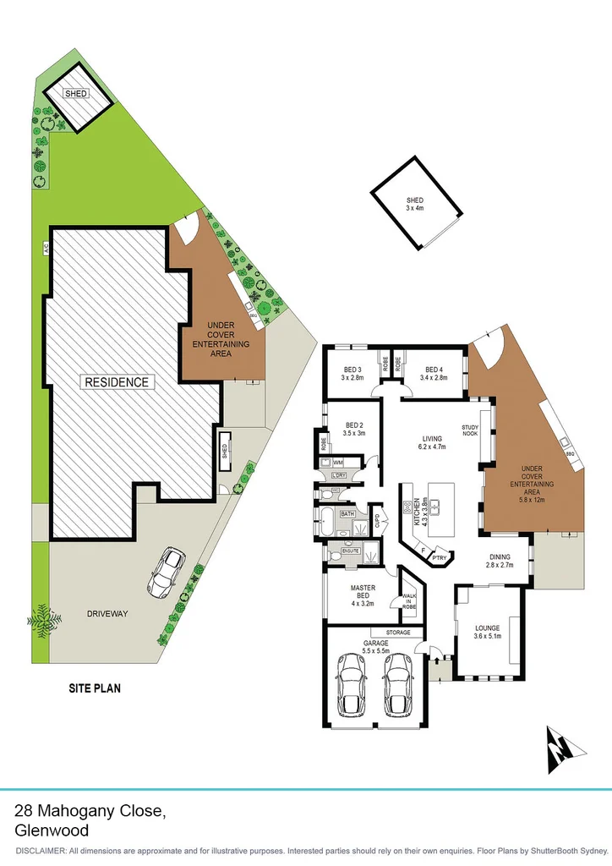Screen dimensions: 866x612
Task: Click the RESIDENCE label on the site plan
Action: click(x=117, y=382)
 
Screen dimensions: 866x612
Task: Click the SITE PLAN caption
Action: click(x=94, y=688)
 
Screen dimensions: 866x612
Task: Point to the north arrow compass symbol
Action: click(x=561, y=748)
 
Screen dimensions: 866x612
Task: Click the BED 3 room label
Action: click(x=352, y=374)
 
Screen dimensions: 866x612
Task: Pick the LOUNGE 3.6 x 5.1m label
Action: click(x=488, y=633)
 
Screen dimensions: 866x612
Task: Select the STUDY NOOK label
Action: click(x=470, y=430)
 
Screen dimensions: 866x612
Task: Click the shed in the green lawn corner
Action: click(x=77, y=97)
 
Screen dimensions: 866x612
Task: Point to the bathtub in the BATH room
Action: click(x=327, y=519)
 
